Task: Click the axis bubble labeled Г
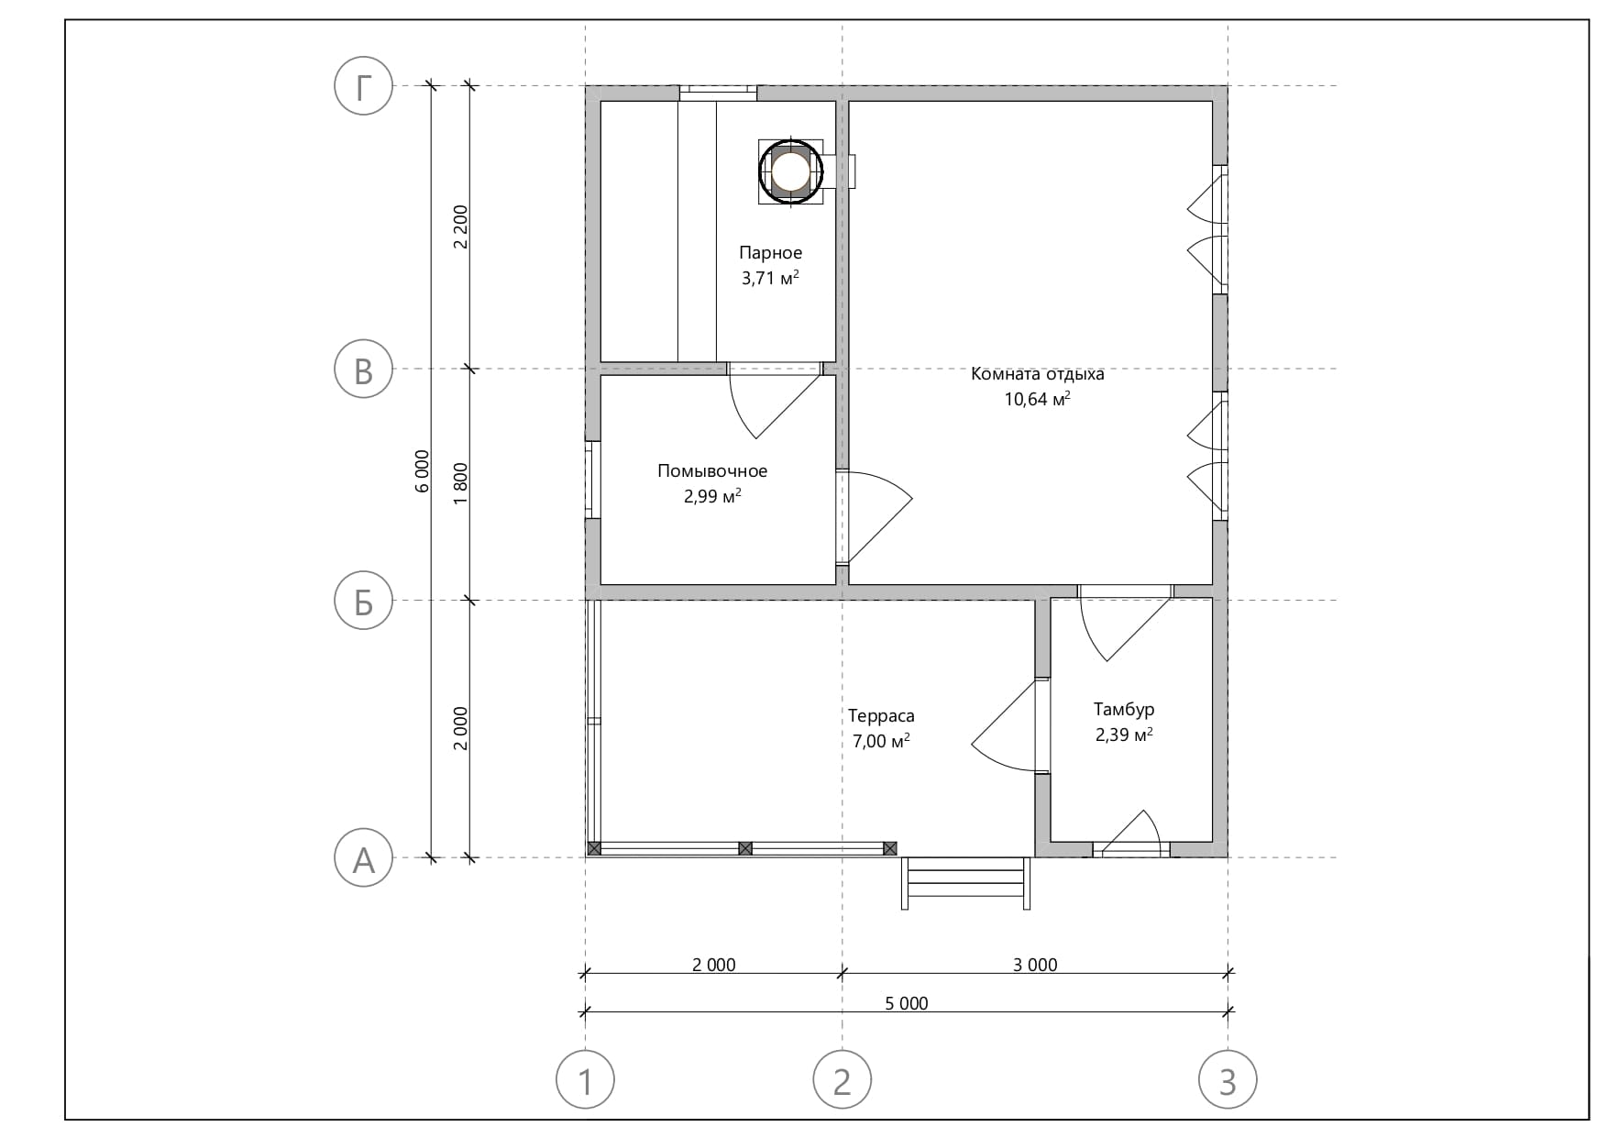(x=364, y=86)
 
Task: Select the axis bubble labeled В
(x=364, y=370)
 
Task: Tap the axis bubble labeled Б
(x=364, y=602)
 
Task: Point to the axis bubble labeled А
(x=364, y=858)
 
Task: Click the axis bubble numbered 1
(x=586, y=1079)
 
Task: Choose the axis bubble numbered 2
(x=843, y=1079)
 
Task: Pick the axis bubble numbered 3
(x=1228, y=1079)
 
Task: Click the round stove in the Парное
(x=789, y=171)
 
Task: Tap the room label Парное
(x=771, y=253)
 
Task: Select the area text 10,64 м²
(x=1038, y=399)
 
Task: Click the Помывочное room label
(x=712, y=471)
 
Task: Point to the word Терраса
(x=881, y=716)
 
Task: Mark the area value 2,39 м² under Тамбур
(x=1124, y=735)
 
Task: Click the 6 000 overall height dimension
(x=422, y=471)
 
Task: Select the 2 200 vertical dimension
(x=460, y=226)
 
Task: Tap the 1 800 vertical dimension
(x=460, y=484)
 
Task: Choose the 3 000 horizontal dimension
(x=1035, y=965)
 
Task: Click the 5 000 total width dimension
(x=907, y=1004)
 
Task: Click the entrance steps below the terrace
(x=966, y=883)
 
